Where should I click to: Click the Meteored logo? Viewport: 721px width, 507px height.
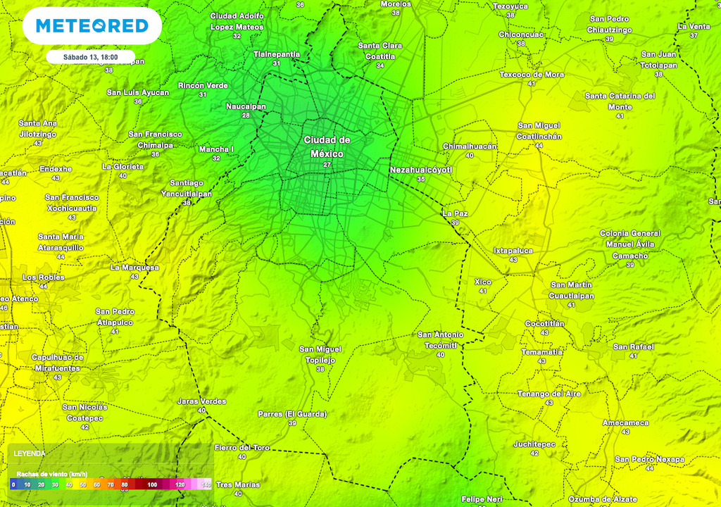(92, 26)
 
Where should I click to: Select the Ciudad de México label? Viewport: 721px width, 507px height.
(327, 146)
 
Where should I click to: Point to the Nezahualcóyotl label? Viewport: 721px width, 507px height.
(420, 170)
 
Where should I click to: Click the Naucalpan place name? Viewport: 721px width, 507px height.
(246, 106)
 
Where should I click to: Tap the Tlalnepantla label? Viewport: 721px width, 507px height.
(276, 54)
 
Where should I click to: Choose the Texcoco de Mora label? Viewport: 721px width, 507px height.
(532, 74)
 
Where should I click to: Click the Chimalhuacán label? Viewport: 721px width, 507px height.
(470, 146)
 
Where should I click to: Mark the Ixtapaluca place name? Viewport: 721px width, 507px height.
(513, 250)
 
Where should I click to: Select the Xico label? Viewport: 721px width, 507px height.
(483, 282)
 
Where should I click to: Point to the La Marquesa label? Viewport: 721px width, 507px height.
(134, 268)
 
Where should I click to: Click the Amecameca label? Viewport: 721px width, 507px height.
(625, 423)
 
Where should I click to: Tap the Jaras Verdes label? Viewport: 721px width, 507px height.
(201, 401)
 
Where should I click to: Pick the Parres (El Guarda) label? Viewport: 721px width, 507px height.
(291, 414)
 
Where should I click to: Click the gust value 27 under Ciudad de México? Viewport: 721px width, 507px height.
(327, 165)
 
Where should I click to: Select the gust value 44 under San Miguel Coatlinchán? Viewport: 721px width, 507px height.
(539, 146)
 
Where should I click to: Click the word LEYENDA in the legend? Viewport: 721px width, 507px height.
(30, 453)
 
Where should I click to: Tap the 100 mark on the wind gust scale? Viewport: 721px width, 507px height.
(152, 484)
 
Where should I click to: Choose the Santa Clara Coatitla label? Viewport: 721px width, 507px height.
(380, 51)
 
